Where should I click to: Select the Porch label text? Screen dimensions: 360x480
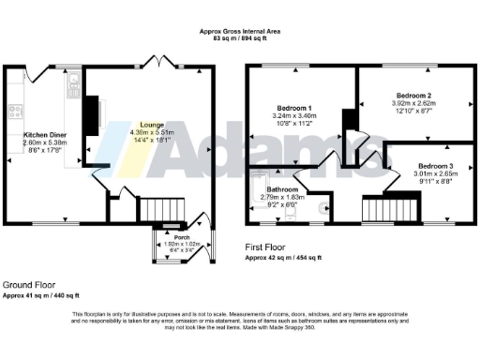[171, 237]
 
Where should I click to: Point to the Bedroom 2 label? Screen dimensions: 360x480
[413, 96]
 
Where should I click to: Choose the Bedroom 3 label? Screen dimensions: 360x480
[437, 164]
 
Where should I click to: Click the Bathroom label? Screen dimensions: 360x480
[284, 189]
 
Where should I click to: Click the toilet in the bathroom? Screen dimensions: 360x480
[322, 208]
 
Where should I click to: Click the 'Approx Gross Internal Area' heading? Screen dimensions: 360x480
[240, 32]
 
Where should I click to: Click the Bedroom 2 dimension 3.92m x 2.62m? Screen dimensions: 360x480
[413, 104]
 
